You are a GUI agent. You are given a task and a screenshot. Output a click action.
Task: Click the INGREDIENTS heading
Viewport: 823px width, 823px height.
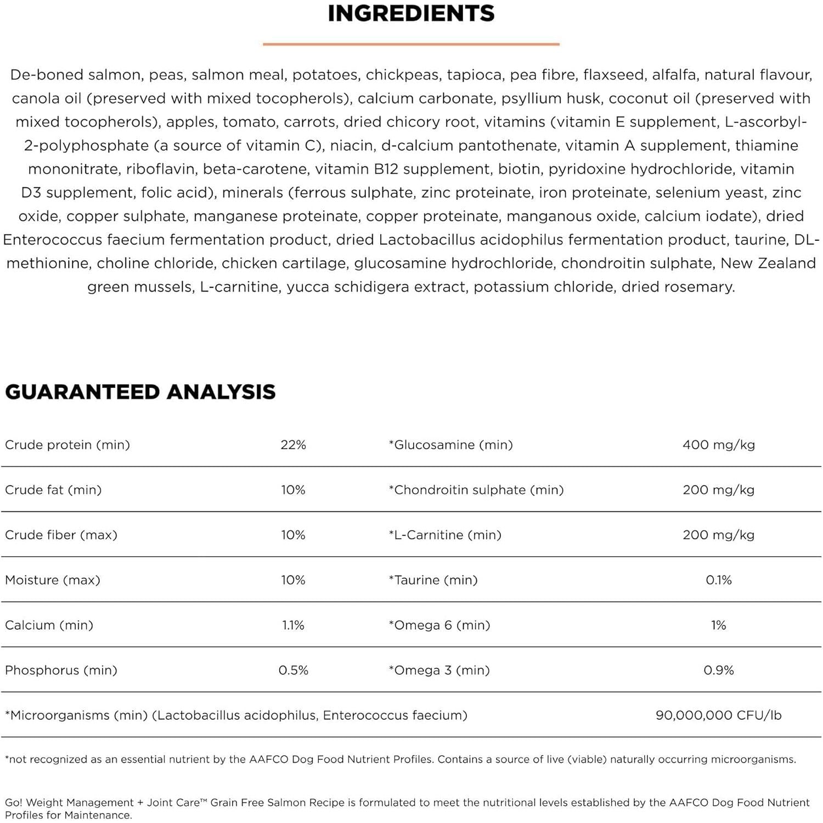411,14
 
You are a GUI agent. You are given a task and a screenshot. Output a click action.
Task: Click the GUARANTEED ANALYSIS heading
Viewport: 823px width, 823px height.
140,392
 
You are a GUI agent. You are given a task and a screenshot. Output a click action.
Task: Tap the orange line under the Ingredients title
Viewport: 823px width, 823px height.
411,44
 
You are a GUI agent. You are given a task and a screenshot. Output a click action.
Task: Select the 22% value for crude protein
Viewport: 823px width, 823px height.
293,445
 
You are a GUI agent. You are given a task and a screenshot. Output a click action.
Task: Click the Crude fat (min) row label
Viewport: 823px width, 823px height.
53,490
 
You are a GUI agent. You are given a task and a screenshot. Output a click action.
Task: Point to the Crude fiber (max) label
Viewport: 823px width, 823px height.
61,535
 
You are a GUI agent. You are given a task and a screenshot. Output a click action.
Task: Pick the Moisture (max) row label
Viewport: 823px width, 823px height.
53,580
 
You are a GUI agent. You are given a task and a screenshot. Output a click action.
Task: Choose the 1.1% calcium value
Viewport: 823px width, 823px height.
293,625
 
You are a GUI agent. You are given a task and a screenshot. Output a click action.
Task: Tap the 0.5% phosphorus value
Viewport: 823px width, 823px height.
293,670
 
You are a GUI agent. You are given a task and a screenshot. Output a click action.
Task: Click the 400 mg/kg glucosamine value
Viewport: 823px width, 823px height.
718,445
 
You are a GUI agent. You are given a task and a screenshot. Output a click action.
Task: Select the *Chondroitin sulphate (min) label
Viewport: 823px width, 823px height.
476,490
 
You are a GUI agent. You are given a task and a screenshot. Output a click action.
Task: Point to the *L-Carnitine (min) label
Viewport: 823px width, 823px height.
445,535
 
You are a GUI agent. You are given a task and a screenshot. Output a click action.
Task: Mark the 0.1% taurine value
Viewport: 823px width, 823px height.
718,580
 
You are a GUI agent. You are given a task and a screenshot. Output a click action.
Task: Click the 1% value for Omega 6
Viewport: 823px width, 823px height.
718,625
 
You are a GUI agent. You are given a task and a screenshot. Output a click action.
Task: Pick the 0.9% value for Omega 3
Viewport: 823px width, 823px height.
718,670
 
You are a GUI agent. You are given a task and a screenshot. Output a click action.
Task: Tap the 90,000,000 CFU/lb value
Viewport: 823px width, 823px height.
718,715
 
